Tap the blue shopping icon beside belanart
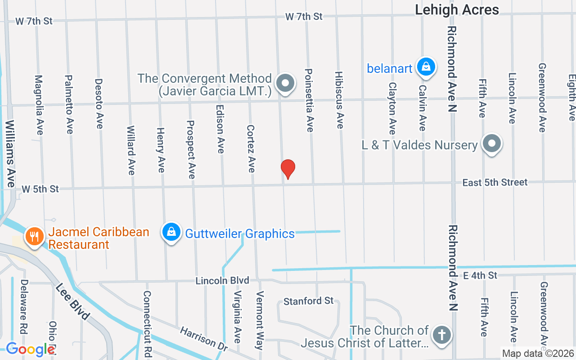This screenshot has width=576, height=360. tap(425, 67)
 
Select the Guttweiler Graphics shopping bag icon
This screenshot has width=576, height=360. tap(171, 232)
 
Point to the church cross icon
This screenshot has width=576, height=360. tap(441, 335)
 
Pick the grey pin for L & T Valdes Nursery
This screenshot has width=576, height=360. tap(492, 144)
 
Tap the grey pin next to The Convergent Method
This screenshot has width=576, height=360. tap(285, 83)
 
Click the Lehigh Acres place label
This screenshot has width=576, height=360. tap(457, 9)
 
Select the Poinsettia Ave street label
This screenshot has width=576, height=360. tap(309, 100)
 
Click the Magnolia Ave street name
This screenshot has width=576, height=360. tap(39, 105)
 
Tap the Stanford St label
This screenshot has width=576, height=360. tap(309, 301)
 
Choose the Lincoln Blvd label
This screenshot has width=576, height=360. tap(222, 281)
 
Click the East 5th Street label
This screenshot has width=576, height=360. tap(495, 182)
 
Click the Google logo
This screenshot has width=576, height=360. tap(30, 349)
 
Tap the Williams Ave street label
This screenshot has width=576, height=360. tap(10, 153)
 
